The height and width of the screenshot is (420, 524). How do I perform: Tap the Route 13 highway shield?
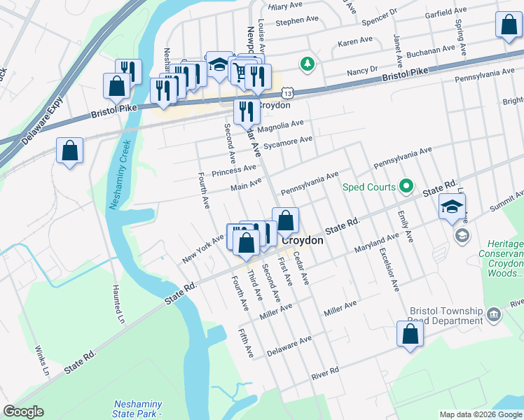287,92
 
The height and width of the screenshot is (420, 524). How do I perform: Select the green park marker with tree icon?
306,64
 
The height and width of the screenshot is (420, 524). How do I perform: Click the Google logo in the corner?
23,412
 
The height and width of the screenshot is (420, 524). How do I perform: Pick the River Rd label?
326,370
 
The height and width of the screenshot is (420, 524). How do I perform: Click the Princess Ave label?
235,169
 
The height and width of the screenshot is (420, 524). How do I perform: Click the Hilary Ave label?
285,6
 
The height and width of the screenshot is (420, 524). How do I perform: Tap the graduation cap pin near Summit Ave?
452,206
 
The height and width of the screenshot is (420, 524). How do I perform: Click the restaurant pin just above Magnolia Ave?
246,111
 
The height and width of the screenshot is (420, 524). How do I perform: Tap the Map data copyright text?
480,414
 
